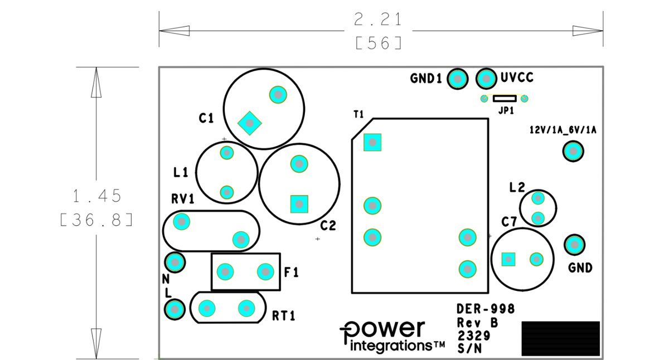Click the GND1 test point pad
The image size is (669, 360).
click(457, 79)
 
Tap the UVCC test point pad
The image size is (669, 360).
click(486, 79)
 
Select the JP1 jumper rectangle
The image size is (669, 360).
click(505, 99)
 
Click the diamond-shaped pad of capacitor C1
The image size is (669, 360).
click(250, 123)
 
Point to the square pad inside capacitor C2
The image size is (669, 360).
click(299, 204)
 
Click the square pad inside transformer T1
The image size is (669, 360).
click(372, 142)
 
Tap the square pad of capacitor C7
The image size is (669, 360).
click(508, 259)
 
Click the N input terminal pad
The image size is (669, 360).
click(175, 262)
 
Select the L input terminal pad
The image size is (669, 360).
click(174, 309)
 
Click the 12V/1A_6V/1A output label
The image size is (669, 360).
click(563, 130)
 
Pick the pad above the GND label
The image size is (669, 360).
click(575, 245)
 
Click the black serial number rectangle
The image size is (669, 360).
click(561, 338)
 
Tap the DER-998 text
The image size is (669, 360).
click(486, 309)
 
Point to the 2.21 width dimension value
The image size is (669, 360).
click(378, 20)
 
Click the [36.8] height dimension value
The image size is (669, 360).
click(96, 220)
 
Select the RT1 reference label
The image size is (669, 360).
click(283, 316)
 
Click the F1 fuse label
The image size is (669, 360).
click(291, 273)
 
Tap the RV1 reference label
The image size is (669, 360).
click(183, 199)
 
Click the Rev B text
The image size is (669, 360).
click(478, 323)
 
